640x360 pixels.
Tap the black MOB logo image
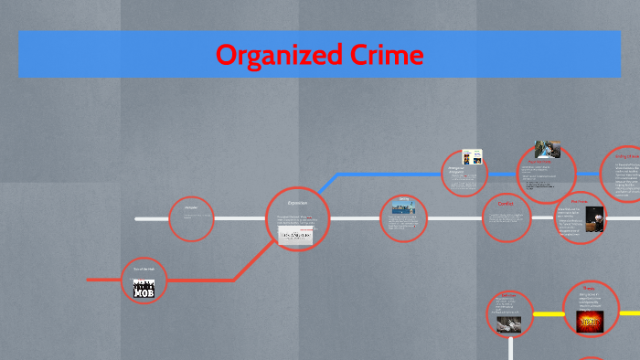(144, 290)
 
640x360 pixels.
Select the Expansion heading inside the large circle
(297, 202)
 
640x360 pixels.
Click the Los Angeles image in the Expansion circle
(296, 236)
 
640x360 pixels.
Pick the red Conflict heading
(506, 203)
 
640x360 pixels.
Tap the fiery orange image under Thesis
(590, 321)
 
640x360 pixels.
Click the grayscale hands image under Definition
(508, 323)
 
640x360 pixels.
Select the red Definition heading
(506, 296)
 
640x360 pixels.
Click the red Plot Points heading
(580, 201)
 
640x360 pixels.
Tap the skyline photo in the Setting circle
(403, 208)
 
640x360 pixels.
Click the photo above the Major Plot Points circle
(547, 150)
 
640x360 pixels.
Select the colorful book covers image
(472, 156)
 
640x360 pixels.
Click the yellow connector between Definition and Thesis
(548, 314)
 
